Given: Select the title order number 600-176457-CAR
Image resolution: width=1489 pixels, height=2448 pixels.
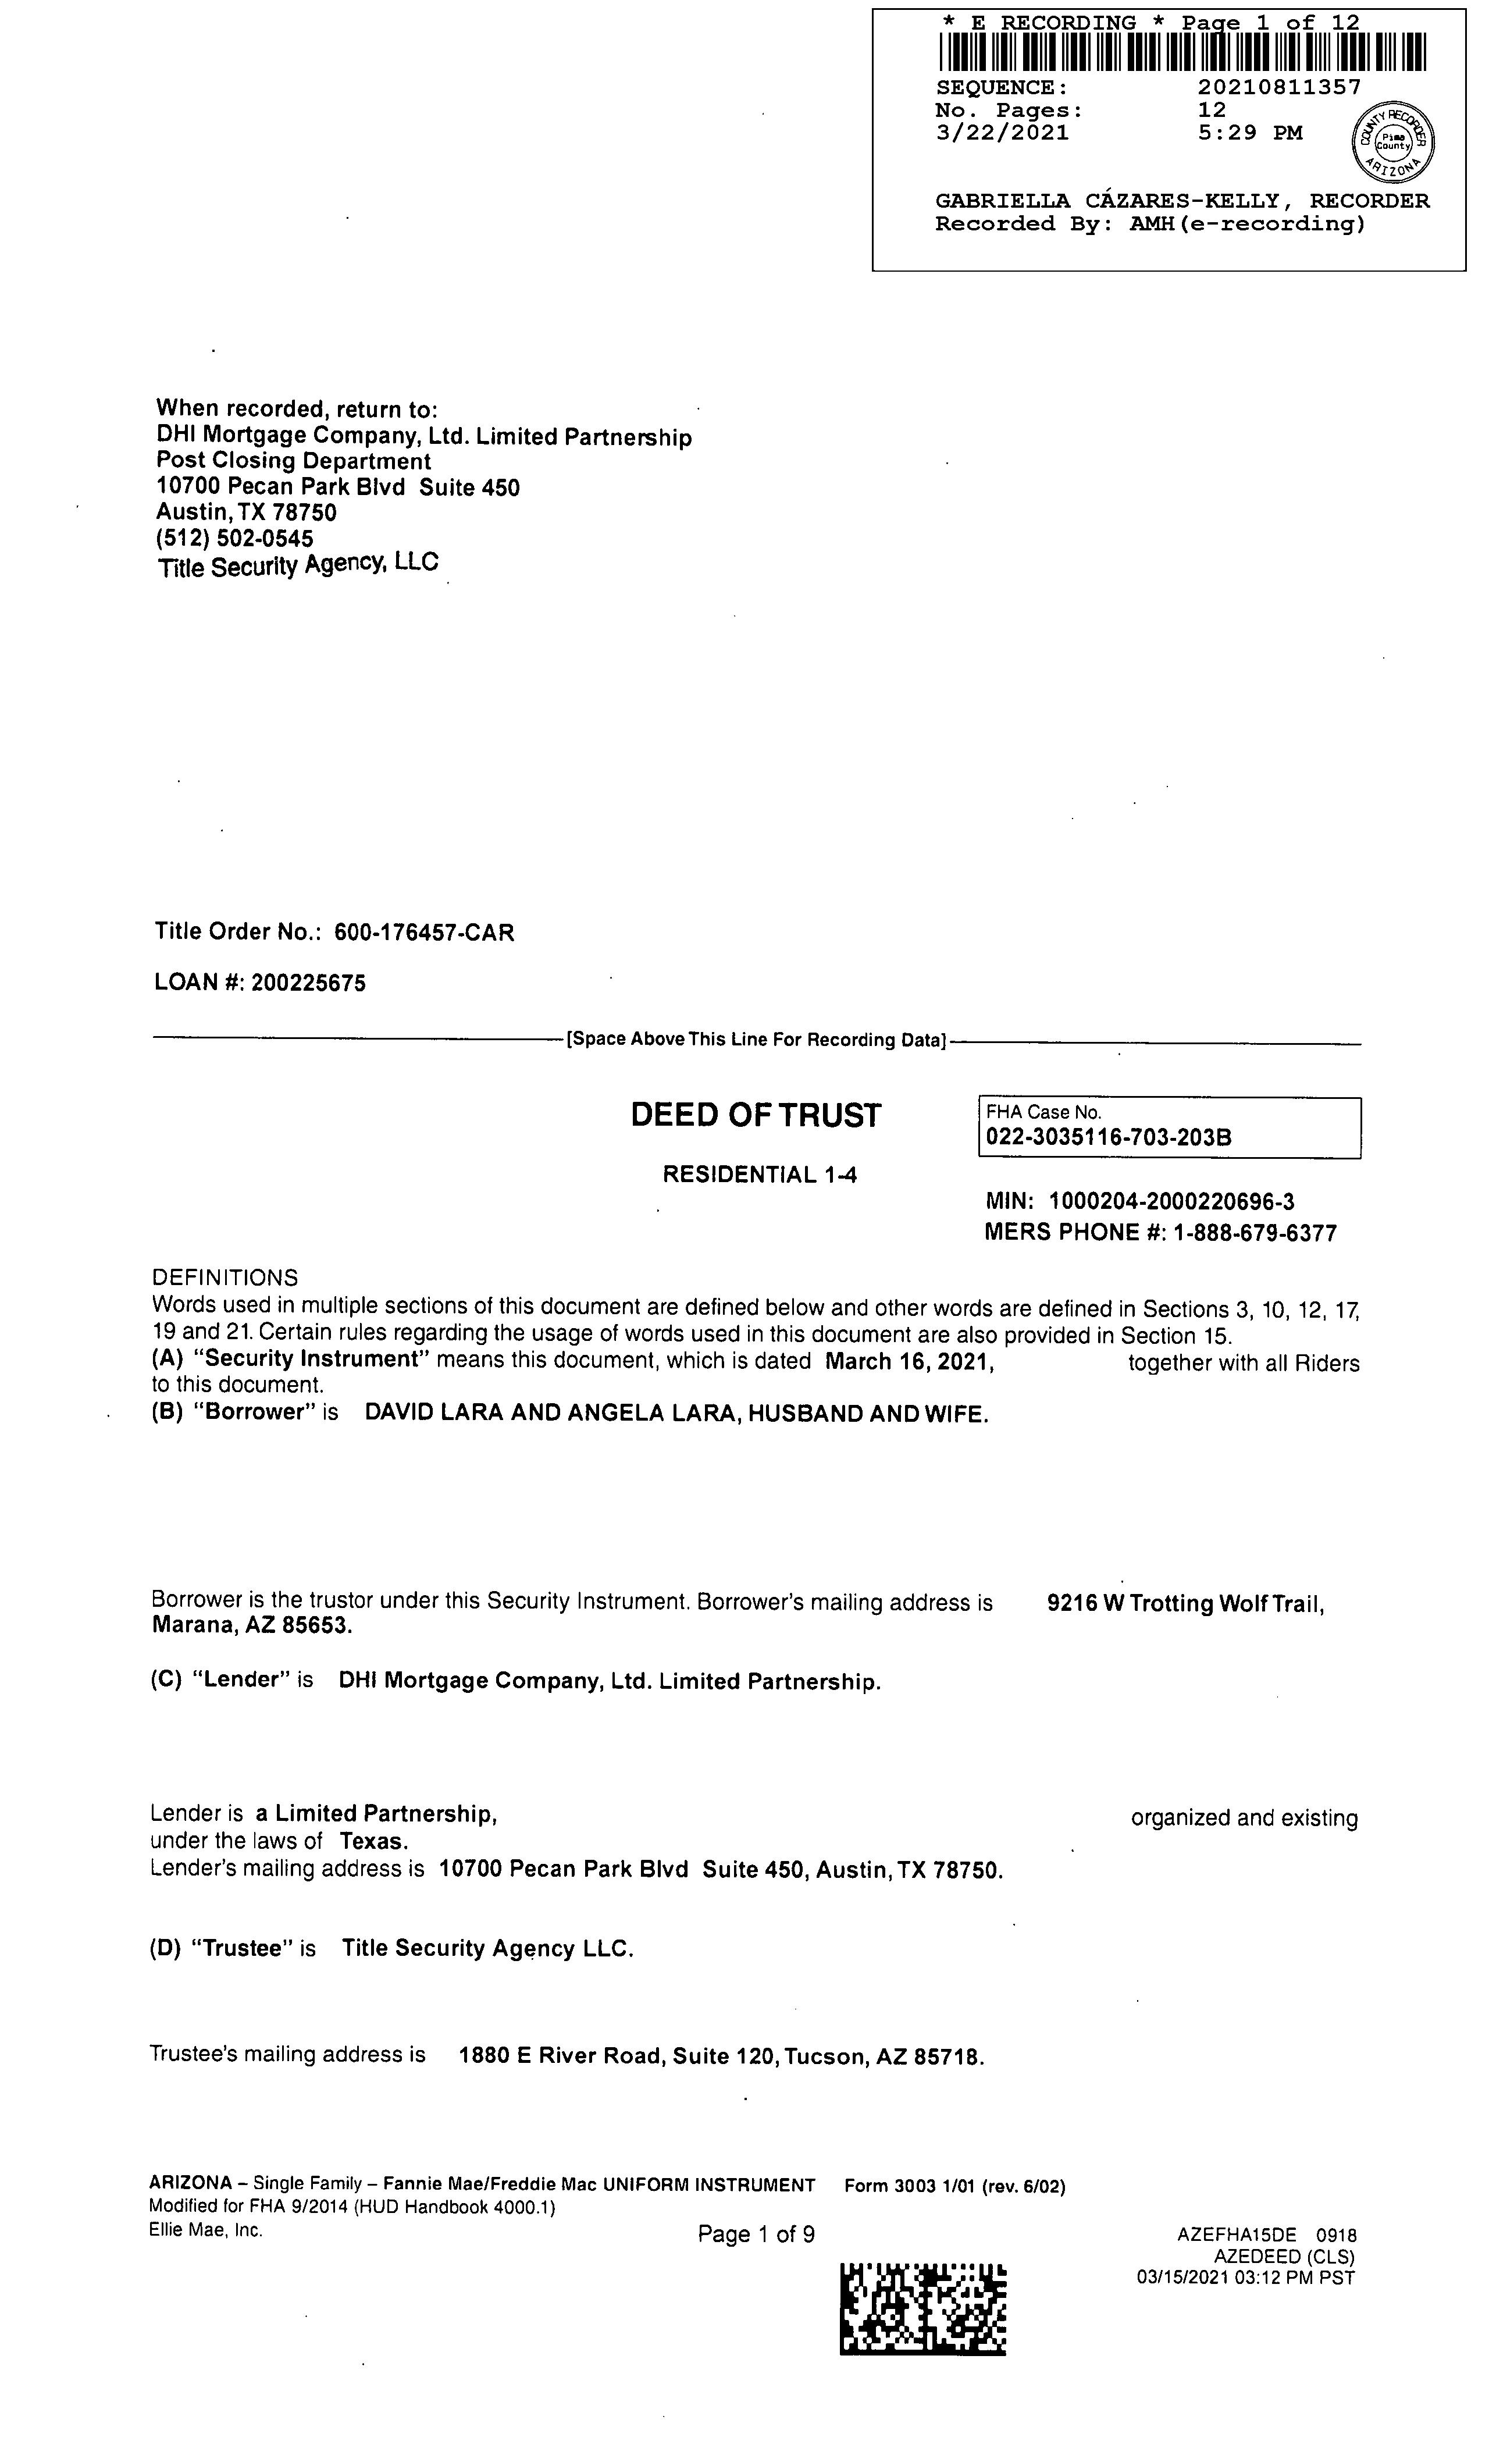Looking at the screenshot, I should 424,932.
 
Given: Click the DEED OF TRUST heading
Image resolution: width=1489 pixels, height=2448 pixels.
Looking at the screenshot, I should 755,1115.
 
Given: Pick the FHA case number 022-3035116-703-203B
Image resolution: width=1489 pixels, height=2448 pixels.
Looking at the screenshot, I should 1109,1137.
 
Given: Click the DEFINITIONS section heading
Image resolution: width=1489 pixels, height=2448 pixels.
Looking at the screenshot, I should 225,1277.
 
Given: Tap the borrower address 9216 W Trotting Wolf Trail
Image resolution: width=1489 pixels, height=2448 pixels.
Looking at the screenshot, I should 1185,1603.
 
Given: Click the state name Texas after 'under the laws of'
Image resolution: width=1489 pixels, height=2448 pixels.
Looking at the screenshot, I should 373,1841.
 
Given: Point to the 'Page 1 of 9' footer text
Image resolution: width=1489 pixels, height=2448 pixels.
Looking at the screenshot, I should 756,2234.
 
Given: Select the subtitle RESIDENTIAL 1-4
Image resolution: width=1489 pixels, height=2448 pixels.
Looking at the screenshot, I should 759,1175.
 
